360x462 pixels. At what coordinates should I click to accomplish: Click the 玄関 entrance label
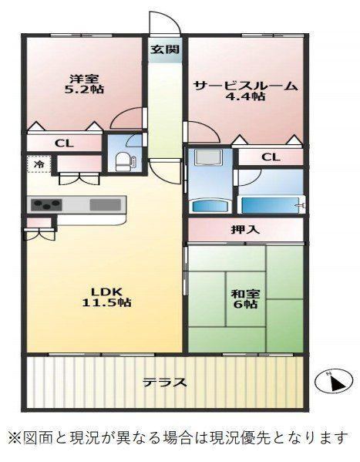coord(165,49)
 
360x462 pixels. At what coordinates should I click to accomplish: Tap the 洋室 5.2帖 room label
coord(84,84)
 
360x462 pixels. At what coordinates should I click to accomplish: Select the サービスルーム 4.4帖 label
coord(245,91)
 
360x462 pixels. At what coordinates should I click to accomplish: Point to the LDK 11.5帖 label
coord(106,297)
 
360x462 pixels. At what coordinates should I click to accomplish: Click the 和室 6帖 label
coord(245,298)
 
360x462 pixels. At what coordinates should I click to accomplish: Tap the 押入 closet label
coord(245,230)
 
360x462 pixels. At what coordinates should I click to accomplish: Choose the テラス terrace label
coord(165,383)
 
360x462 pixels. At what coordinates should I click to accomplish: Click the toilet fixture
coord(125,161)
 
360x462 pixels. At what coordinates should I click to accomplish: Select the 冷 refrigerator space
coord(39,164)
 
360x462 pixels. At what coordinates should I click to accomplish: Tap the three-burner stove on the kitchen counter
coord(46,204)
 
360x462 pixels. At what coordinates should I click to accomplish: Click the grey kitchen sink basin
coord(105,204)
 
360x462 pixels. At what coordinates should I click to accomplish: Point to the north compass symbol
coord(334,382)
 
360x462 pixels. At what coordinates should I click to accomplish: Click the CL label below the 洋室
coord(64,143)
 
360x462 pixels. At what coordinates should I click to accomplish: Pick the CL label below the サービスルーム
coord(271,157)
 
